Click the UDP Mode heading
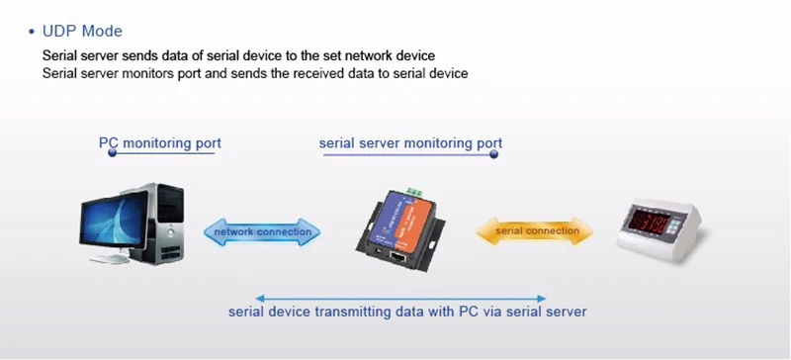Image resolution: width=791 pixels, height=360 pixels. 82,32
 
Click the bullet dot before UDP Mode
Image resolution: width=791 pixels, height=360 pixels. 33,32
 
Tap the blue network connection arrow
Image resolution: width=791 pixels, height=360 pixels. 262,232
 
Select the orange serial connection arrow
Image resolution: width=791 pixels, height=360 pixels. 535,231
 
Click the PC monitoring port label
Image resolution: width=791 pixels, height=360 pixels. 160,142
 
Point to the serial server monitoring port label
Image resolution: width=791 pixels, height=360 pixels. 410,142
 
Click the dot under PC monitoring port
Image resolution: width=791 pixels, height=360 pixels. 113,152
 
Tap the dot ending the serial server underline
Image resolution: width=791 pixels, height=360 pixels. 493,154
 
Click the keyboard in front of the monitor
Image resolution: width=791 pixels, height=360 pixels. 110,258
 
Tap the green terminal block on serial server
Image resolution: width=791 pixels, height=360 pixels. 414,192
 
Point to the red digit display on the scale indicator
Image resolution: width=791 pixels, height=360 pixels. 650,223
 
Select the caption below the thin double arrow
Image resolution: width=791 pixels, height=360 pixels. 407,311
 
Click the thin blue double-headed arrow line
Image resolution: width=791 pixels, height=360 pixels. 401,299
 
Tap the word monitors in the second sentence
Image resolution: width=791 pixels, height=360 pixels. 150,73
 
